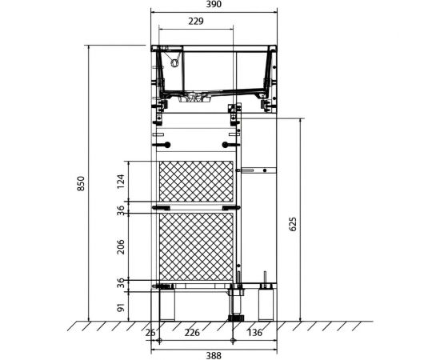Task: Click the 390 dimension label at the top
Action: [x=214, y=5]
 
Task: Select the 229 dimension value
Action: [x=195, y=22]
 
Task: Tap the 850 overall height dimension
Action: [x=81, y=183]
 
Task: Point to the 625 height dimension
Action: [x=292, y=224]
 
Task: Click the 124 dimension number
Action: [x=121, y=182]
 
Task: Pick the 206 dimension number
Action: [x=121, y=246]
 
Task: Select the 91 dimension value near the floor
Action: [x=121, y=307]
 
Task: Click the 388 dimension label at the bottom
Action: [x=214, y=356]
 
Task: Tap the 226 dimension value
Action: [x=192, y=333]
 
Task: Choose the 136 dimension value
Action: [x=254, y=333]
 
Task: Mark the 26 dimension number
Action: [x=150, y=333]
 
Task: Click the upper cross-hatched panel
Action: [x=196, y=182]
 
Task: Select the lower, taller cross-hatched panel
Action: [x=196, y=246]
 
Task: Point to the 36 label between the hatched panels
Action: [x=121, y=210]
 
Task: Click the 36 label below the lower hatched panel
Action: [x=121, y=283]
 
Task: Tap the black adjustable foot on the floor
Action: [x=236, y=318]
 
